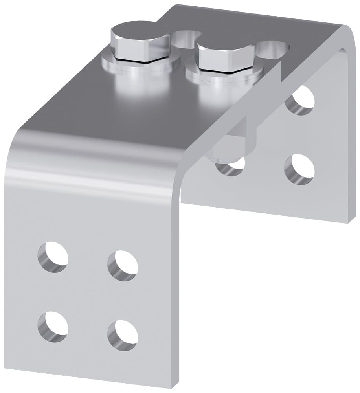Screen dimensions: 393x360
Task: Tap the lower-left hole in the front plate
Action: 53,325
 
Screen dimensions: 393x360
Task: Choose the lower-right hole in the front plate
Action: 123,334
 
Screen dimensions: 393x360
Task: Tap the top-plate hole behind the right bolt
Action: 273,49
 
